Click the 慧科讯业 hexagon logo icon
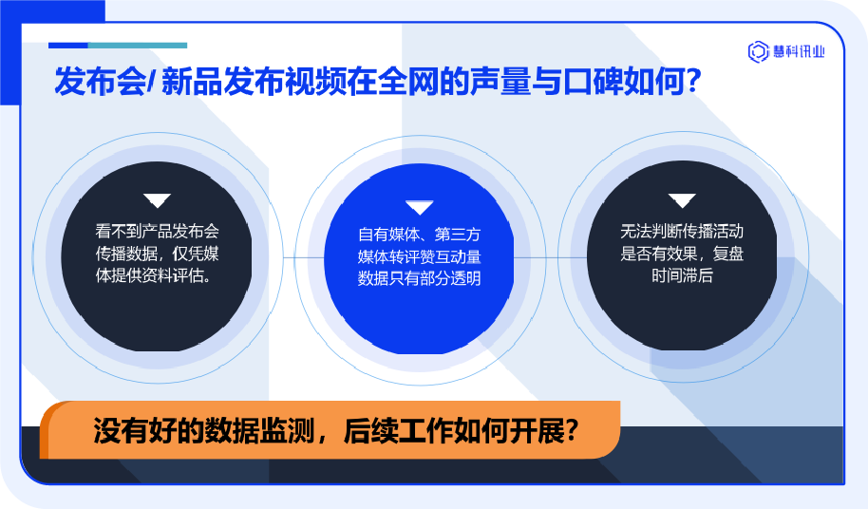759,51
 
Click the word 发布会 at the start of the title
101,82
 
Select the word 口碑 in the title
592,82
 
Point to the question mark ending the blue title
692,81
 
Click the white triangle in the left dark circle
158,200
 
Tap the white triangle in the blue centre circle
419,207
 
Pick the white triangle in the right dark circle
682,200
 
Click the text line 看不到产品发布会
158,231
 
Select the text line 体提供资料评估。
155,275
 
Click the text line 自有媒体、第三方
419,235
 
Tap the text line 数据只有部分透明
419,278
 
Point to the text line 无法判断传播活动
682,231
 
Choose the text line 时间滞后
682,275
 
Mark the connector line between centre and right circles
550,257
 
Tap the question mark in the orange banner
572,430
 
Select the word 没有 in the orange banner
121,430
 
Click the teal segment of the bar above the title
138,46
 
